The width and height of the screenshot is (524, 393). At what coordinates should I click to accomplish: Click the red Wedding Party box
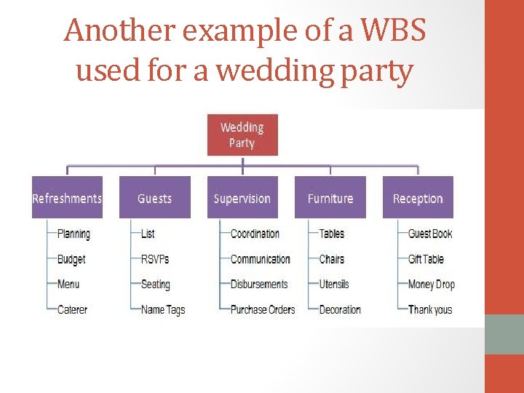tap(242, 135)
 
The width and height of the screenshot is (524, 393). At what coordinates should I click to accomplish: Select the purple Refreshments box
tap(67, 198)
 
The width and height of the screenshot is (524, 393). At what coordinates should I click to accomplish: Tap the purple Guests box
tap(154, 198)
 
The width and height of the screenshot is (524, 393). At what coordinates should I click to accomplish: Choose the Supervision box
tap(242, 198)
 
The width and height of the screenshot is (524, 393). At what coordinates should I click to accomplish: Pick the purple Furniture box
tap(330, 198)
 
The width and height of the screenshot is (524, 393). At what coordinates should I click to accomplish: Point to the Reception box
tap(418, 198)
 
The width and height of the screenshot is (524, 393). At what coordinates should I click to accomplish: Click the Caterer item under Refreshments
tap(72, 309)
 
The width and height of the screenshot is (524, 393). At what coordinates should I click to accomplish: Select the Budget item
tap(71, 259)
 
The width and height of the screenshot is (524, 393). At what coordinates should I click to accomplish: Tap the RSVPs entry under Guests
tap(155, 259)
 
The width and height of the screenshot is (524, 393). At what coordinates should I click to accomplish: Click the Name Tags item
tap(163, 309)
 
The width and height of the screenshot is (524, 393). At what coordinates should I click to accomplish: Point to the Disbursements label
tap(259, 285)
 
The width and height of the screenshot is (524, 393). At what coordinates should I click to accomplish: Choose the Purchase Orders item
tap(263, 309)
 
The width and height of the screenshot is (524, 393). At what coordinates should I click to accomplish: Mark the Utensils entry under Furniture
tap(334, 285)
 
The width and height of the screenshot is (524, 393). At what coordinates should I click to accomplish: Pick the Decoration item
tap(340, 309)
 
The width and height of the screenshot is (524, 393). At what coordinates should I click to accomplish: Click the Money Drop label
tap(432, 285)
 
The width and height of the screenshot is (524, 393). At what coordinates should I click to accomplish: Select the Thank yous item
tap(430, 309)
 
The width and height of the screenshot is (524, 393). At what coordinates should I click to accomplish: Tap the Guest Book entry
tap(430, 234)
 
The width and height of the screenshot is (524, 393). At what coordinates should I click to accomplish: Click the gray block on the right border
tap(504, 333)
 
